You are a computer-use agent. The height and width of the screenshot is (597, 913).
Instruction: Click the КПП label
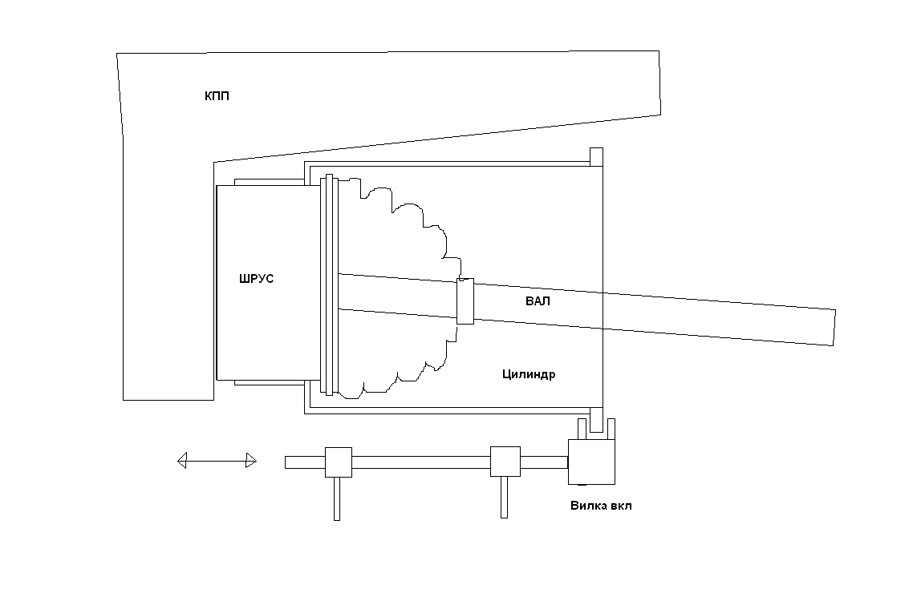(x=217, y=96)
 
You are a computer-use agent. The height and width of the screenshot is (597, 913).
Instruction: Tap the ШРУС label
(x=256, y=278)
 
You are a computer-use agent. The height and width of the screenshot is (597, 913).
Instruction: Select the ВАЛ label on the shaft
(x=538, y=301)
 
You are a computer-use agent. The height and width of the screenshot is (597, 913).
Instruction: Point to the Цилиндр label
(x=529, y=374)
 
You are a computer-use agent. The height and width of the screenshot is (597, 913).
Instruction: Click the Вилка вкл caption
(x=601, y=505)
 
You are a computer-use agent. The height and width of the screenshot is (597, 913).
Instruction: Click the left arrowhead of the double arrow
(x=181, y=461)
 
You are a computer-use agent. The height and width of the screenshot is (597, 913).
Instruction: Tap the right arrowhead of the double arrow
(x=251, y=461)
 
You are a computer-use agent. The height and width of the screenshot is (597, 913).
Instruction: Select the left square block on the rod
(x=339, y=462)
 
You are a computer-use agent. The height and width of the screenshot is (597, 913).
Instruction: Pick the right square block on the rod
(x=505, y=462)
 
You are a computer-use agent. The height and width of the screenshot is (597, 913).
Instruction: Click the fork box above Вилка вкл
(x=591, y=462)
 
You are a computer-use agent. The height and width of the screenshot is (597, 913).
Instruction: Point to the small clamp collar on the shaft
(x=465, y=301)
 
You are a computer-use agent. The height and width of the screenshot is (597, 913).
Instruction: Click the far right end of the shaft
(x=834, y=328)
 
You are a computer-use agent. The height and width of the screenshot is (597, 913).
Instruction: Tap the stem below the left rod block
(x=336, y=498)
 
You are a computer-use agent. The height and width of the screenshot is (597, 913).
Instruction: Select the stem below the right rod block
(x=505, y=497)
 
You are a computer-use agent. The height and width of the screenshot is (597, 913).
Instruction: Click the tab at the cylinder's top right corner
(x=596, y=157)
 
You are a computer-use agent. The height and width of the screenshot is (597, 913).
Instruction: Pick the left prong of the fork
(x=581, y=429)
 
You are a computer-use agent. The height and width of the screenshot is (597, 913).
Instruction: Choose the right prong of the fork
(x=611, y=429)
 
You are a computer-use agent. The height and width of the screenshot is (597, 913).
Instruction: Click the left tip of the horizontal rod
(x=286, y=462)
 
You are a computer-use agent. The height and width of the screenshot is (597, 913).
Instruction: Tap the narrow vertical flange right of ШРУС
(x=329, y=284)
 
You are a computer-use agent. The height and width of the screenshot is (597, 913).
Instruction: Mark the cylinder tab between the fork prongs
(x=596, y=420)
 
